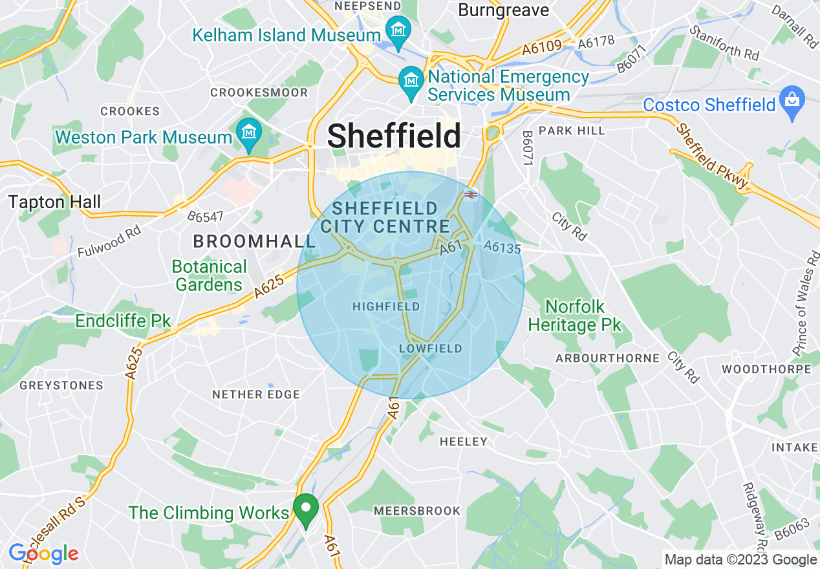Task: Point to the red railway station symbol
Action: (470, 193)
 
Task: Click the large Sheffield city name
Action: (394, 136)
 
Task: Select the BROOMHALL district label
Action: (254, 242)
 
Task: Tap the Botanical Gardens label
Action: (209, 275)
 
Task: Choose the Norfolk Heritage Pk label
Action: (574, 315)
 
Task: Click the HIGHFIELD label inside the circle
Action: (386, 306)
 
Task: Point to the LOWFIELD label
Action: (431, 349)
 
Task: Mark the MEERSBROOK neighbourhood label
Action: (417, 511)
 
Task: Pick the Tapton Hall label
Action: (55, 202)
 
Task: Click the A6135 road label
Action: (502, 248)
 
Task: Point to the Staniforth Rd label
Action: (724, 43)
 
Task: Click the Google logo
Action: (43, 553)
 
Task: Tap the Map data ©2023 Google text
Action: (740, 560)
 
